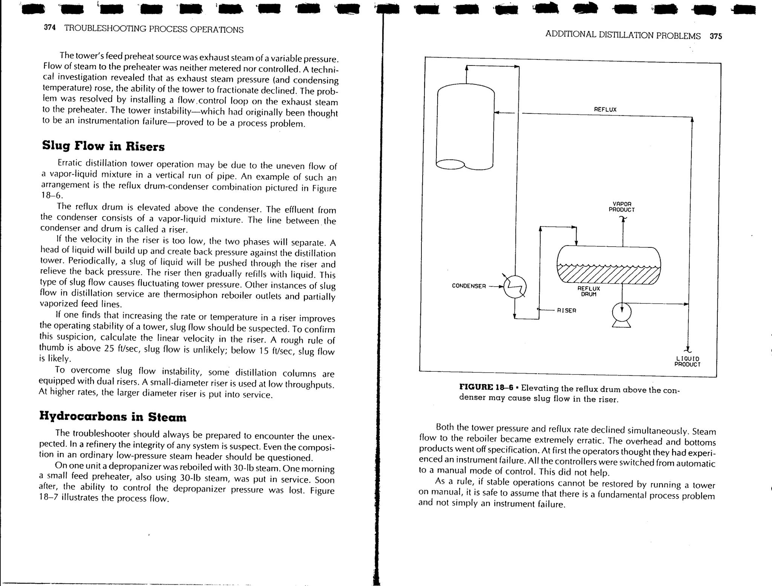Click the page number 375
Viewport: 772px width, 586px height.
(715, 36)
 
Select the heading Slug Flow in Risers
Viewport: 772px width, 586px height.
(103, 146)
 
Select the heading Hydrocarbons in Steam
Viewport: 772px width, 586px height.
(113, 416)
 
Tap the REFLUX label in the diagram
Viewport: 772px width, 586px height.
(605, 110)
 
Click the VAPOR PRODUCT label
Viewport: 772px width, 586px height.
(622, 207)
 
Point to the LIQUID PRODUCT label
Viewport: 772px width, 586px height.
(687, 362)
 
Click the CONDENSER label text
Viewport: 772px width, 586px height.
(469, 286)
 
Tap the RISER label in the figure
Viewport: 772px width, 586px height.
(567, 310)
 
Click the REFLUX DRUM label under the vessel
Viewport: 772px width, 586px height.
(588, 291)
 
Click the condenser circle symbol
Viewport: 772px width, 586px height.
(515, 286)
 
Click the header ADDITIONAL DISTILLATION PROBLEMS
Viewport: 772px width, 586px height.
(623, 35)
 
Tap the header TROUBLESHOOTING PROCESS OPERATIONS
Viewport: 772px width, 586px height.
(154, 29)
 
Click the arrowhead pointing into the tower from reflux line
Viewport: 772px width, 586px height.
(497, 112)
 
